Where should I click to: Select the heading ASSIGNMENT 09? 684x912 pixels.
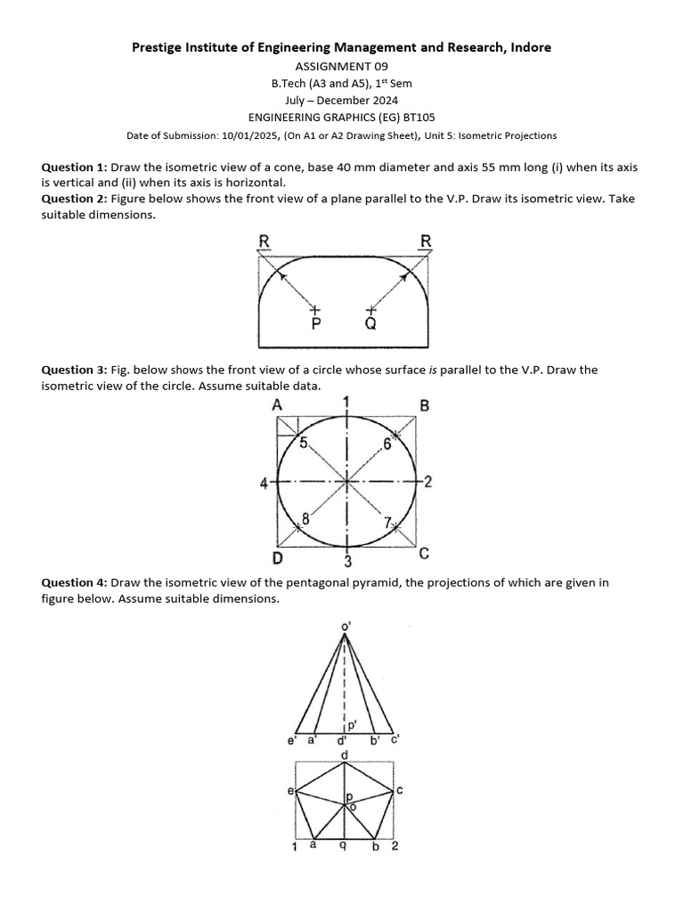[341, 67]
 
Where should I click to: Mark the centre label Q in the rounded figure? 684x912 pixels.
[370, 324]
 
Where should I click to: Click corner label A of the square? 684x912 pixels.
[278, 404]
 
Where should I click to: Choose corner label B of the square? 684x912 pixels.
[424, 405]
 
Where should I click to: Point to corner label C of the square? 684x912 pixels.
[424, 554]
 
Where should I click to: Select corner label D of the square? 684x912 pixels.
[278, 558]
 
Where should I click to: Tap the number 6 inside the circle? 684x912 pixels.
[387, 443]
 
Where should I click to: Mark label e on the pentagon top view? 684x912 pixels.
[290, 790]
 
